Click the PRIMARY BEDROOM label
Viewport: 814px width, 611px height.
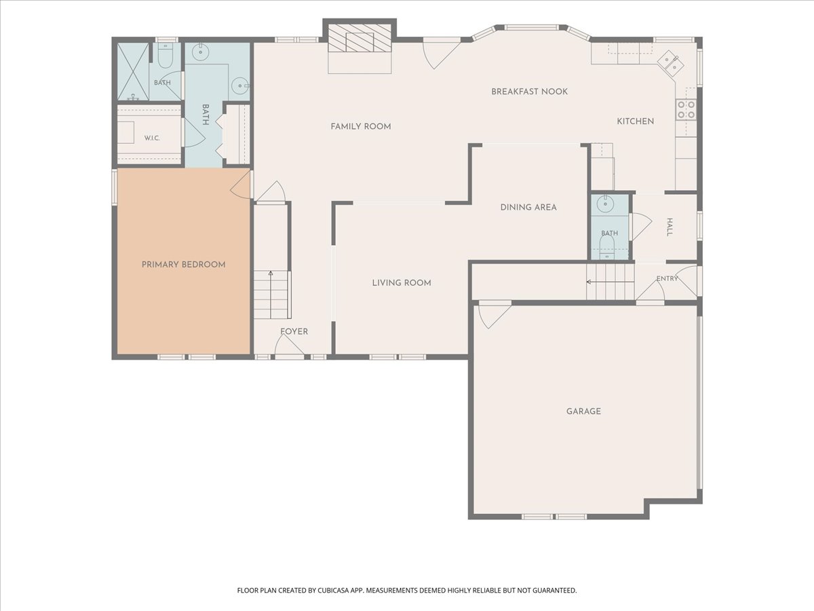[x=184, y=265]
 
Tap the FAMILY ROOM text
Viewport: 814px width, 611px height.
[x=361, y=126]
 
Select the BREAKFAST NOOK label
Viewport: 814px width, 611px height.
[x=530, y=92]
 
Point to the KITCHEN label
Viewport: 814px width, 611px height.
[x=635, y=122]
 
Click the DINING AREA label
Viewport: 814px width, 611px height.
[x=528, y=207]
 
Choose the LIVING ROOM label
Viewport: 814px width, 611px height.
[x=402, y=283]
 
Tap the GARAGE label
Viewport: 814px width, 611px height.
[x=583, y=411]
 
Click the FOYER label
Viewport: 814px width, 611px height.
[x=294, y=331]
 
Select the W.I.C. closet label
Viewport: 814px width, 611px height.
[x=152, y=138]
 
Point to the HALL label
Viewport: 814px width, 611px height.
[x=670, y=227]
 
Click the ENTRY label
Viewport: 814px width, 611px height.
[x=667, y=278]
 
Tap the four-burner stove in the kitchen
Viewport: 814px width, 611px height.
[x=686, y=110]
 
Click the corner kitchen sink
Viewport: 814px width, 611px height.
[x=671, y=62]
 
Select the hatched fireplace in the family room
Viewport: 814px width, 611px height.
[x=360, y=38]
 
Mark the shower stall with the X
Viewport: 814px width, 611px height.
[x=133, y=71]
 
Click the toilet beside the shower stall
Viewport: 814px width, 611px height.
[x=166, y=56]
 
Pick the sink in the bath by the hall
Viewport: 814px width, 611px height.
[x=605, y=204]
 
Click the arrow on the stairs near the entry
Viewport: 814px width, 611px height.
[x=610, y=282]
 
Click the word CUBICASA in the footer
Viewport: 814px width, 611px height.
[x=333, y=590]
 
